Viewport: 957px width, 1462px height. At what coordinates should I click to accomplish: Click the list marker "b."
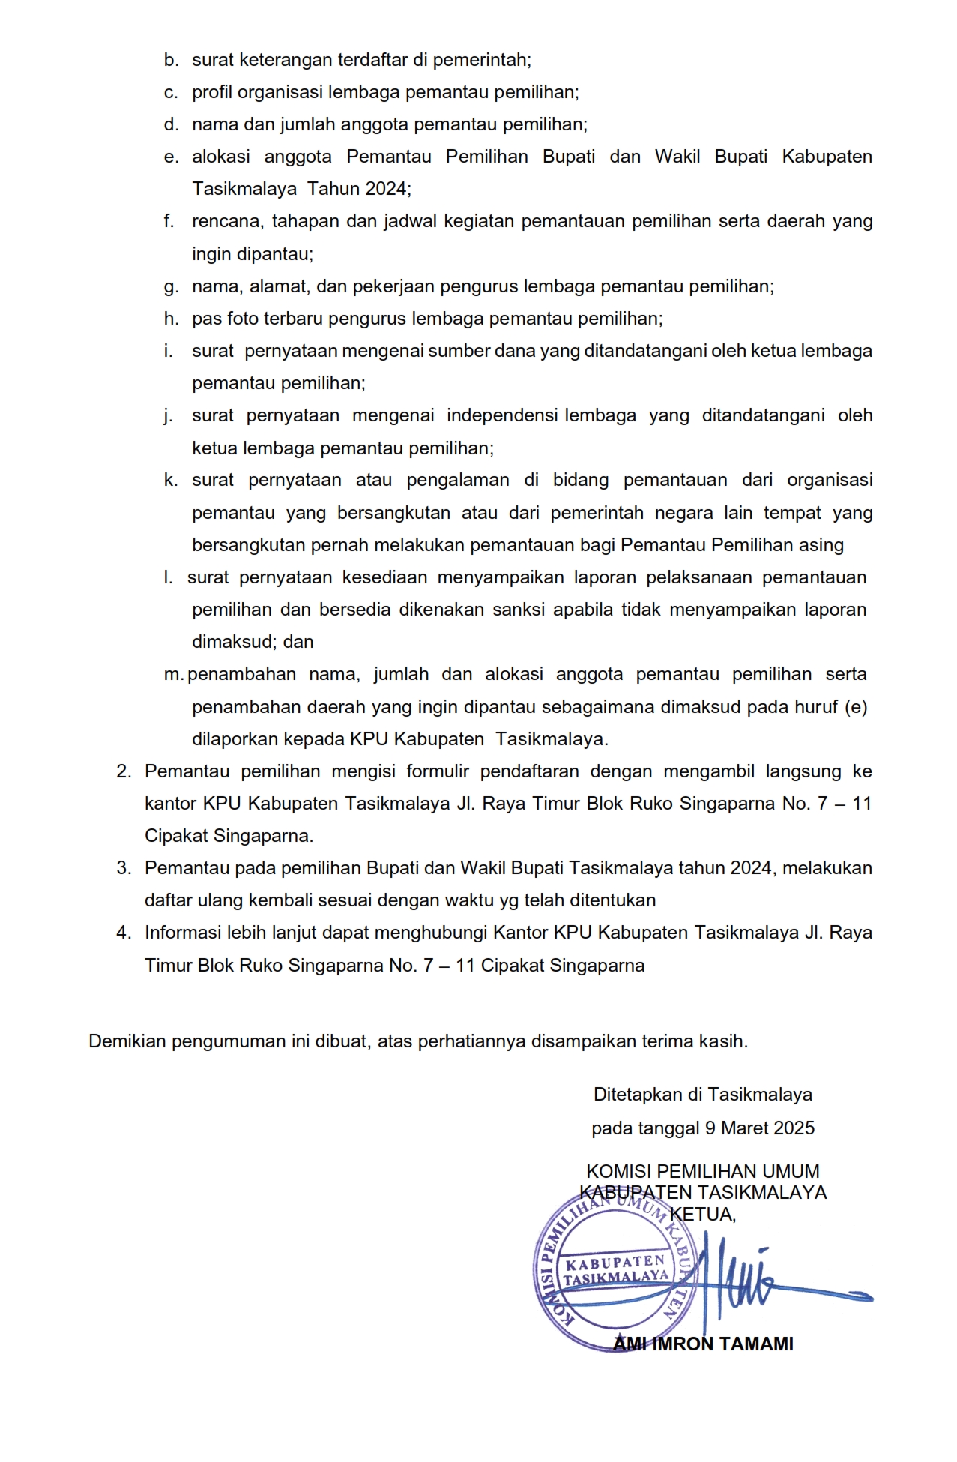[x=171, y=60]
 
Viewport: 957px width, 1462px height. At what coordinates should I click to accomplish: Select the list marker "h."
[x=171, y=319]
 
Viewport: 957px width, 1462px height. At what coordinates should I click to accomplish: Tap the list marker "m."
[x=173, y=674]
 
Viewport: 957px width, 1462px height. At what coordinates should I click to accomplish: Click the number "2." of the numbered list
[x=124, y=771]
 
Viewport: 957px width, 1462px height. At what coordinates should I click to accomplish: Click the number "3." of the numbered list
[x=124, y=868]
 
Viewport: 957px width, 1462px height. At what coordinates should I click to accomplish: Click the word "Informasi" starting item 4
[x=180, y=933]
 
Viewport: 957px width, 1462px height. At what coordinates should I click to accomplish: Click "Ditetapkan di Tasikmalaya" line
[x=702, y=1095]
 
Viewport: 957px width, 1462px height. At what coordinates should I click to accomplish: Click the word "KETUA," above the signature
[x=702, y=1214]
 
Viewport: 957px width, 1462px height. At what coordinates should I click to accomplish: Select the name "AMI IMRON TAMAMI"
[x=702, y=1344]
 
